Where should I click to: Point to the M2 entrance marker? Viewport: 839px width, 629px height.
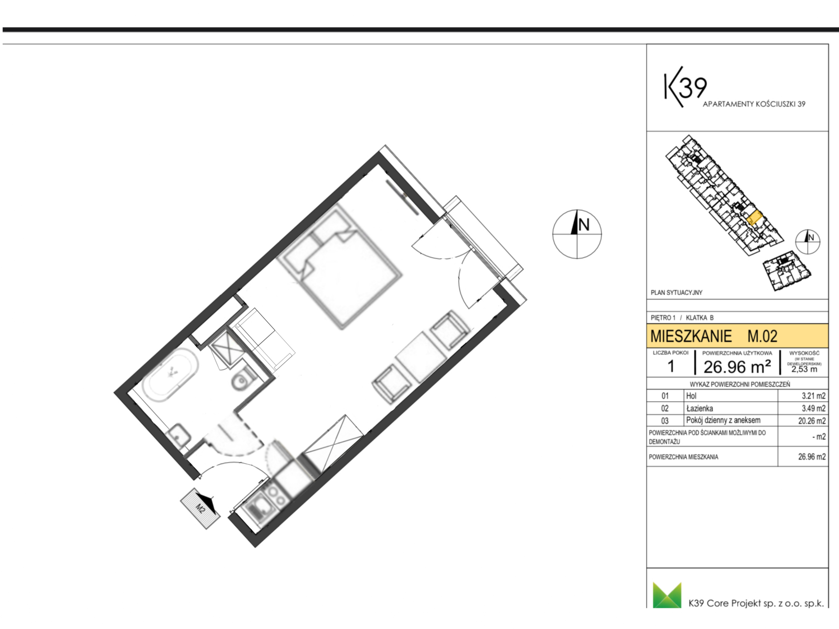click(200, 508)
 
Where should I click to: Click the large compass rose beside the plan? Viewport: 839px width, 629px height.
click(577, 234)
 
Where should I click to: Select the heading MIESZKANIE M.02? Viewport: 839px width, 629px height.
click(713, 336)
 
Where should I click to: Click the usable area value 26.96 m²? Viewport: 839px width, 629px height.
click(737, 366)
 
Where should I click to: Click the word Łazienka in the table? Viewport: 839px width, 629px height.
click(699, 408)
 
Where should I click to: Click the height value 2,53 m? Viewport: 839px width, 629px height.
click(804, 369)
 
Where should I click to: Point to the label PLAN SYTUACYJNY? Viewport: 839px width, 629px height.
click(676, 293)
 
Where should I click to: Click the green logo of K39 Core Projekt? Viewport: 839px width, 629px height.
click(667, 595)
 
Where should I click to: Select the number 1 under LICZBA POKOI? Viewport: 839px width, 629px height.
click(671, 366)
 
